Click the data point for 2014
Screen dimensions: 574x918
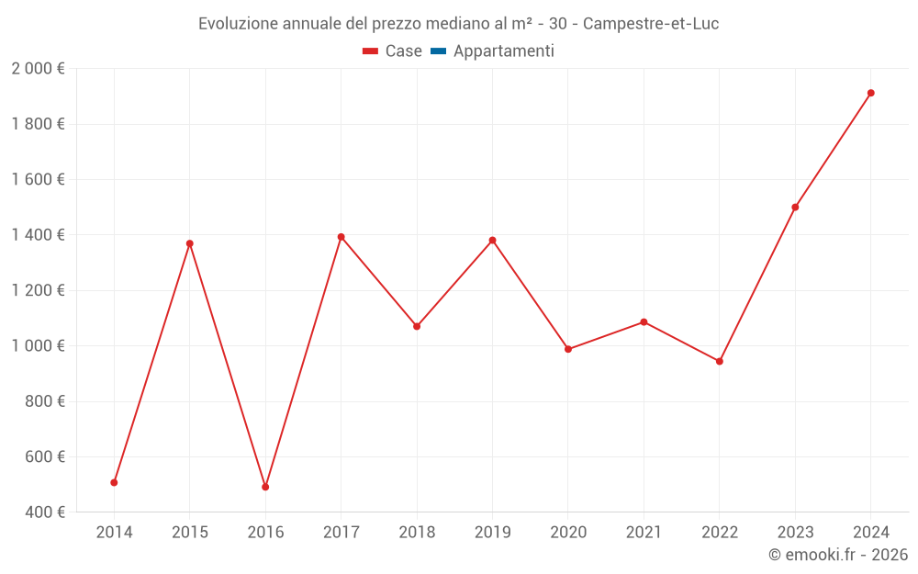click(114, 482)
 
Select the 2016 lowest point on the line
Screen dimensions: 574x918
click(265, 487)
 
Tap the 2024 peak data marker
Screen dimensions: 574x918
click(870, 93)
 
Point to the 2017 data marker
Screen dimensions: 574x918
click(341, 237)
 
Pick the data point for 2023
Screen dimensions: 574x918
click(795, 207)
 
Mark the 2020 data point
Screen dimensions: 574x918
click(568, 349)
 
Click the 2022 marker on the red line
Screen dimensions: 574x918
click(719, 361)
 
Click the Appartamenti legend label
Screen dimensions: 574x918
click(503, 51)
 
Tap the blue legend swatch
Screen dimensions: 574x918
click(438, 51)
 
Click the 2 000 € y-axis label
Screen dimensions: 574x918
click(38, 69)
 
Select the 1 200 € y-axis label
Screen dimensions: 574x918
click(38, 290)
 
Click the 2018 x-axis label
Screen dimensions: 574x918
click(417, 533)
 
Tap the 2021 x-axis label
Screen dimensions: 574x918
click(644, 533)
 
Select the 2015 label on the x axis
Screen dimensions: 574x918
click(190, 533)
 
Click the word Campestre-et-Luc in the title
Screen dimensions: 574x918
click(650, 23)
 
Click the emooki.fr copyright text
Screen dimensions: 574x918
click(838, 555)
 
